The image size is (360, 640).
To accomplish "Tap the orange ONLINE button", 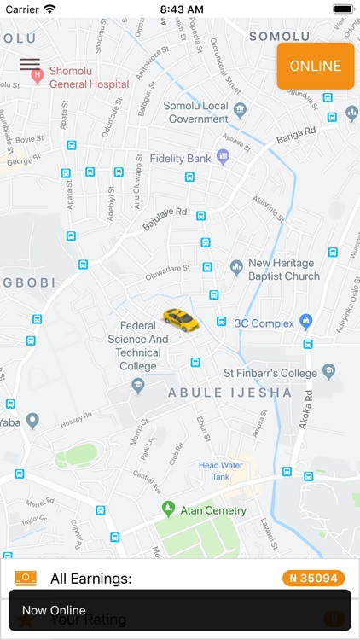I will (x=315, y=66).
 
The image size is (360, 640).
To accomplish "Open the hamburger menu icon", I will (x=30, y=64).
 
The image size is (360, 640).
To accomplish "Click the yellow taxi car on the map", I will (x=180, y=320).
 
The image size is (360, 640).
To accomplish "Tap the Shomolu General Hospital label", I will (x=88, y=78).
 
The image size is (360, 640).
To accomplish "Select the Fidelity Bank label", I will (x=180, y=158).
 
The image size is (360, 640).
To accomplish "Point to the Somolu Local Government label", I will (x=196, y=113).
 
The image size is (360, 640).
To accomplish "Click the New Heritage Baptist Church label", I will (x=283, y=270).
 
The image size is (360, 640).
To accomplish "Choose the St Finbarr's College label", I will (x=270, y=373).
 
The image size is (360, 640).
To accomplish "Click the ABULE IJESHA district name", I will (x=229, y=393).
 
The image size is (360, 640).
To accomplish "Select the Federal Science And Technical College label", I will (x=138, y=346).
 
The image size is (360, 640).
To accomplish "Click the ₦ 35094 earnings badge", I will (x=313, y=579).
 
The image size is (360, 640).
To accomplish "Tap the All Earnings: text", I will (x=91, y=579).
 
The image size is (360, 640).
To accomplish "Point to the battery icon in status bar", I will (x=344, y=9).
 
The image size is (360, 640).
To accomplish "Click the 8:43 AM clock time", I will (x=180, y=9).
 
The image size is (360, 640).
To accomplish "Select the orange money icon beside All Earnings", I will (x=26, y=579).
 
